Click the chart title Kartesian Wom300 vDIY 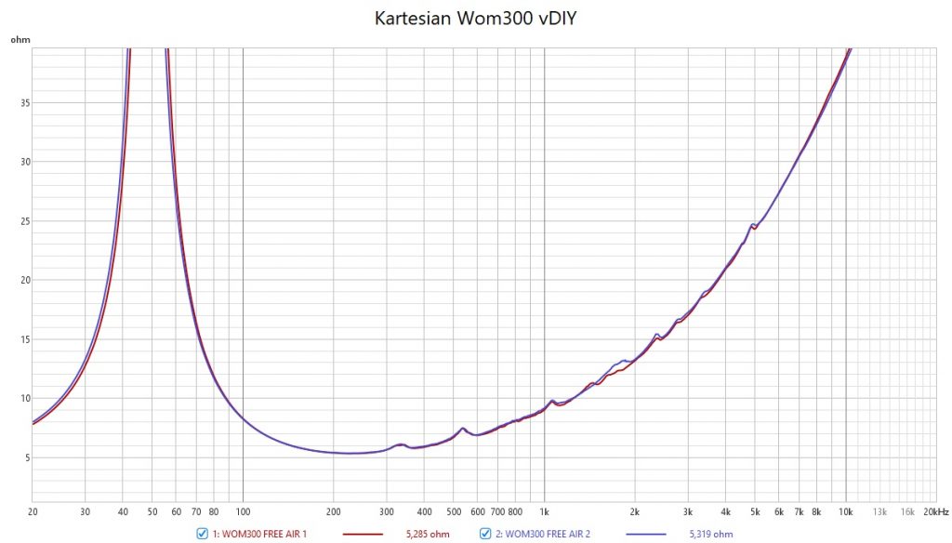tap(475, 19)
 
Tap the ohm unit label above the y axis tap(20, 40)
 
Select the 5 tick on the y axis tap(25, 457)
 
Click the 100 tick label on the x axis tap(243, 511)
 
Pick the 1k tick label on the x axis tap(545, 511)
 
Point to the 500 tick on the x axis tap(454, 511)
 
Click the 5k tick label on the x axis tap(755, 511)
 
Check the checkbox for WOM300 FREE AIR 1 tap(202, 533)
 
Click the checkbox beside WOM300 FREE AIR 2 tap(484, 533)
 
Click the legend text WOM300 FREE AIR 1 tap(259, 533)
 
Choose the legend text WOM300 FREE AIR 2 tap(542, 533)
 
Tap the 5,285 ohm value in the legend tap(428, 533)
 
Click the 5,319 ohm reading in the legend tap(710, 533)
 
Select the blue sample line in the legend tap(645, 533)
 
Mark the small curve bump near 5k tap(753, 225)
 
